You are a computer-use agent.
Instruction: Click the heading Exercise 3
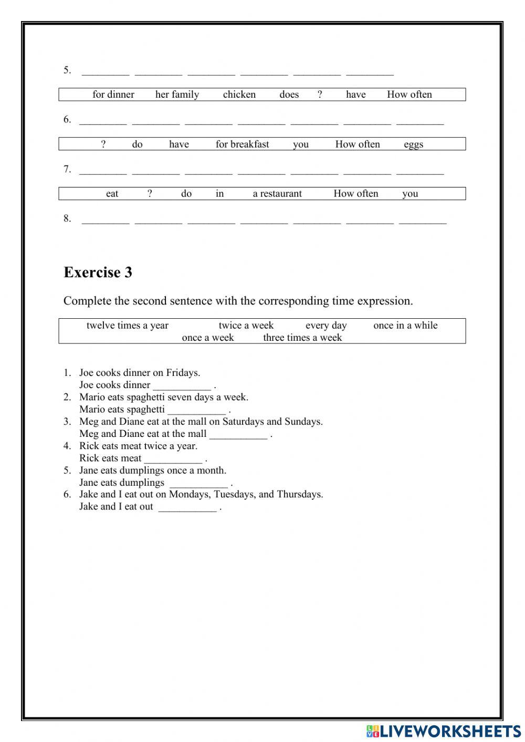[98, 272]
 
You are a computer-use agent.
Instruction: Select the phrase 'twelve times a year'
[127, 326]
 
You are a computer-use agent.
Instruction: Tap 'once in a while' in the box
[405, 326]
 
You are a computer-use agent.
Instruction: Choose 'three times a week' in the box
[302, 338]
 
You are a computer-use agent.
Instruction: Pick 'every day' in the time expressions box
[326, 326]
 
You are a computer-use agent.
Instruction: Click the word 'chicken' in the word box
[239, 95]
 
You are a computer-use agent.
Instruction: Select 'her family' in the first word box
[177, 95]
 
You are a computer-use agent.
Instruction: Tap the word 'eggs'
[413, 144]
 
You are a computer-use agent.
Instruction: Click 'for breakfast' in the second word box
[242, 144]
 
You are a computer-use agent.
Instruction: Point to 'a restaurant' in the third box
[277, 194]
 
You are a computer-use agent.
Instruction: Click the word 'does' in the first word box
[289, 95]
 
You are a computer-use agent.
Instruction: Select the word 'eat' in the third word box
[112, 194]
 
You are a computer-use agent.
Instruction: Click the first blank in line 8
[106, 221]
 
